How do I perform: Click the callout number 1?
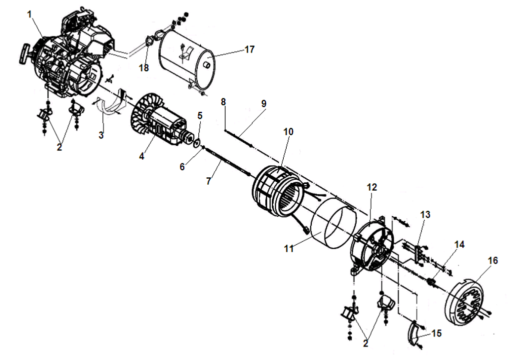pyautogui.click(x=29, y=13)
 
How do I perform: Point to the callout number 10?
pyautogui.click(x=288, y=131)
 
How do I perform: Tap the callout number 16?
pyautogui.click(x=493, y=260)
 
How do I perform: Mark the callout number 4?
pyautogui.click(x=141, y=156)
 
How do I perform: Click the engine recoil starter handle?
pyautogui.click(x=24, y=53)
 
